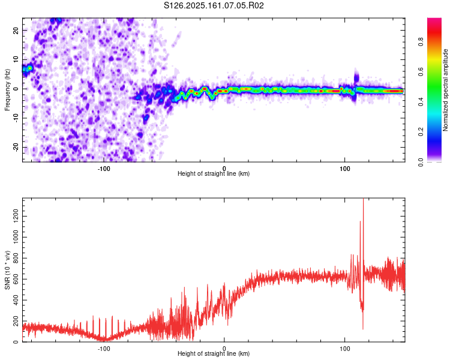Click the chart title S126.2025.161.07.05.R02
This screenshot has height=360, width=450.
[x=214, y=5]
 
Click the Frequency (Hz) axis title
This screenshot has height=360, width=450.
[x=7, y=90]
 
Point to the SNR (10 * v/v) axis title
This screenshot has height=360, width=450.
[x=7, y=270]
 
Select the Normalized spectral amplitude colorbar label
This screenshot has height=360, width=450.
[x=445, y=90]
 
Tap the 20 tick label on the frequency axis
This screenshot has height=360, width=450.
[x=16, y=31]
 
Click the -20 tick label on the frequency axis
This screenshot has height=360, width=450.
[x=16, y=148]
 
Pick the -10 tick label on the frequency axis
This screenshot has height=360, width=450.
[x=16, y=118]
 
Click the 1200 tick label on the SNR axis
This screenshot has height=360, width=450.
[x=16, y=216]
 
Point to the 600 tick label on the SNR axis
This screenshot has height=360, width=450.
[x=16, y=279]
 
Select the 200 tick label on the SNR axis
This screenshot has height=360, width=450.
[x=16, y=321]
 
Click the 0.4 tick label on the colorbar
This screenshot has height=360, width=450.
[x=421, y=101]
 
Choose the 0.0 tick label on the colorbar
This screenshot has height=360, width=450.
[x=421, y=162]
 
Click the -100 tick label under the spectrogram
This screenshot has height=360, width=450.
[x=104, y=169]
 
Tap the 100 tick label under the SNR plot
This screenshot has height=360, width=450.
[x=344, y=349]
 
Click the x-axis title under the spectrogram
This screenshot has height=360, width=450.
[x=214, y=173]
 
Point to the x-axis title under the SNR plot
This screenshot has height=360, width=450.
[x=214, y=353]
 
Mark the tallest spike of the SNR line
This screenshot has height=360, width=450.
[x=364, y=199]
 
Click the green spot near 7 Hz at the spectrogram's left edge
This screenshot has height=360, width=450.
[x=29, y=68]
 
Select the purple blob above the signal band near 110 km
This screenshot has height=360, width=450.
[x=356, y=77]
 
